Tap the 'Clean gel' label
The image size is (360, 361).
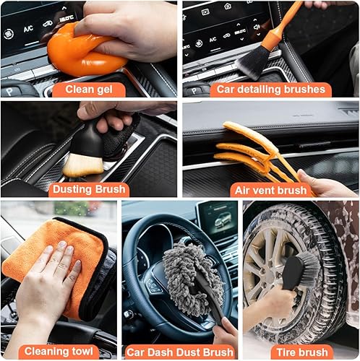(x=89, y=90)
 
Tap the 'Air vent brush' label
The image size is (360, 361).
(x=270, y=190)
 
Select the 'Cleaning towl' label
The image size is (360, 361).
(x=59, y=352)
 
